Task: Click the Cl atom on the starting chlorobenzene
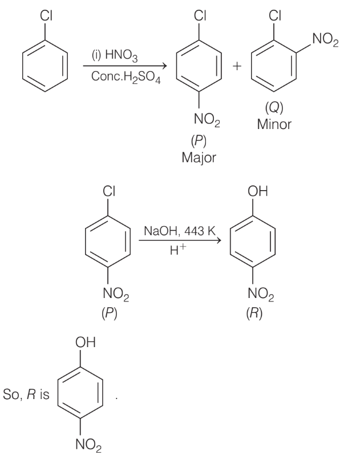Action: [x=46, y=15]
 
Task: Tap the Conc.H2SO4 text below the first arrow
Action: [x=126, y=77]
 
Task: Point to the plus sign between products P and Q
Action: [x=237, y=66]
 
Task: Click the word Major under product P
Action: [x=199, y=158]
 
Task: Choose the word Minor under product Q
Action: [x=274, y=124]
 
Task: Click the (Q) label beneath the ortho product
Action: [x=274, y=107]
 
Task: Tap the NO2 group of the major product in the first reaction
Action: [x=207, y=120]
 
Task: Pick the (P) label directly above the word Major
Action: [x=199, y=141]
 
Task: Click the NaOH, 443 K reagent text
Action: [x=180, y=231]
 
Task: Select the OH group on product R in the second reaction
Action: [x=258, y=191]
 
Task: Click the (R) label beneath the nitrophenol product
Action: [x=254, y=313]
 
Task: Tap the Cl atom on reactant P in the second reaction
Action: [x=109, y=191]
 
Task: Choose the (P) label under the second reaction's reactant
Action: [x=110, y=313]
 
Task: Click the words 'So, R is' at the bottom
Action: [x=26, y=394]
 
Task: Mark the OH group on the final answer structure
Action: [x=86, y=342]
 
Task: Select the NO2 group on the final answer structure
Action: [x=88, y=445]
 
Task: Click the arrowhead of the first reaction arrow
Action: [x=165, y=66]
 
